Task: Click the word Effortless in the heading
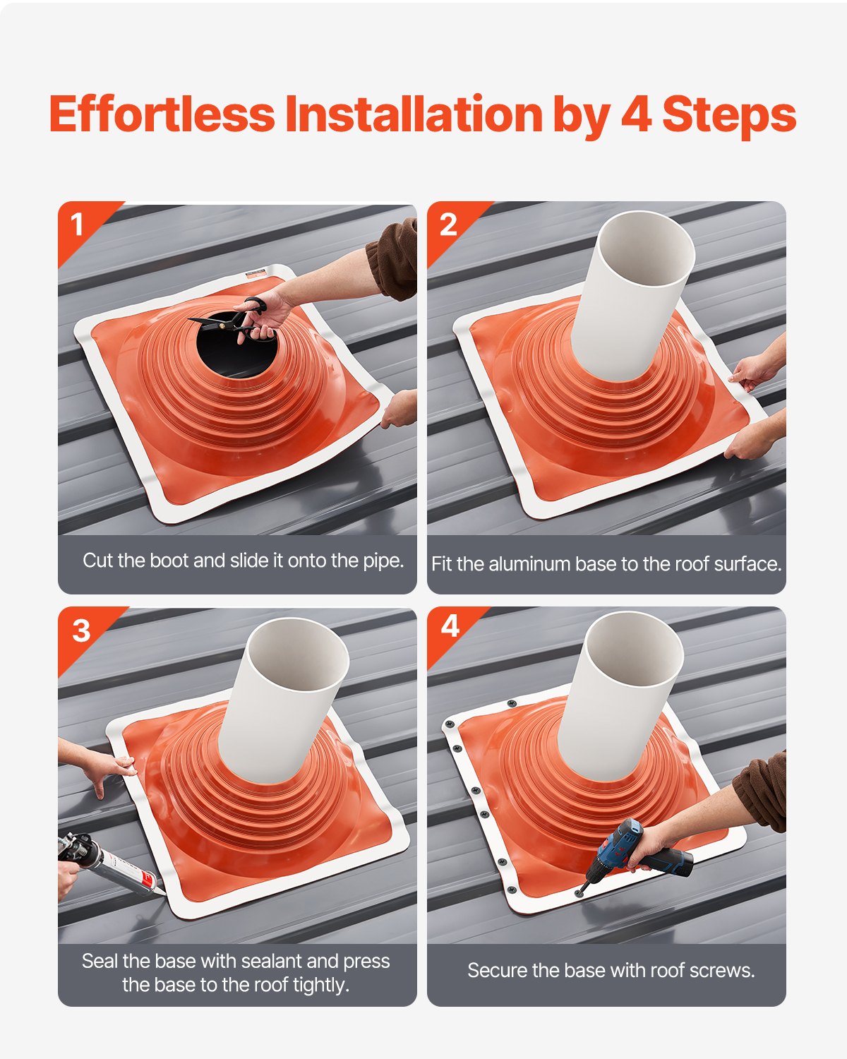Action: click(162, 114)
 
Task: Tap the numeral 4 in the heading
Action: click(636, 114)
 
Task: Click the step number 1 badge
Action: click(78, 225)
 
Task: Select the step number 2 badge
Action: click(448, 225)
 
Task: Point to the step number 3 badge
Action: click(81, 630)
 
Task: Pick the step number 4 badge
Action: click(450, 626)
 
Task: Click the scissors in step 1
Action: click(233, 319)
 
